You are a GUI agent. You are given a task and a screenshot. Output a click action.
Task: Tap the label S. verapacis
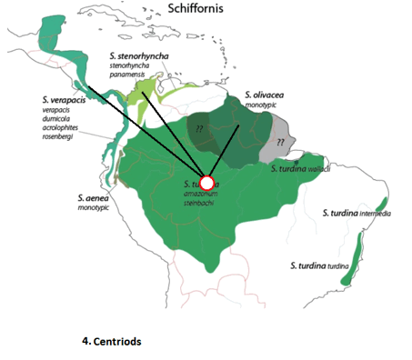pos(68,98)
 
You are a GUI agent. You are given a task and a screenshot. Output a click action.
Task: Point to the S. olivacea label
pos(269,94)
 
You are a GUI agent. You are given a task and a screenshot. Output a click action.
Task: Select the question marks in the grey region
pos(283,144)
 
